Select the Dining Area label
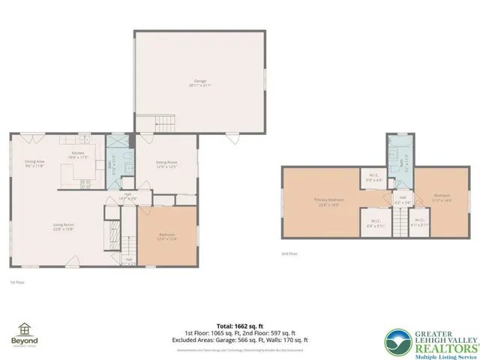pyautogui.click(x=34, y=163)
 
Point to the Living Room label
pyautogui.click(x=63, y=227)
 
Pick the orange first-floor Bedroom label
pyautogui.click(x=166, y=237)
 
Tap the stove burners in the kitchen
pyautogui.click(x=84, y=182)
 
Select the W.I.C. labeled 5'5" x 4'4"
pyautogui.click(x=373, y=178)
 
